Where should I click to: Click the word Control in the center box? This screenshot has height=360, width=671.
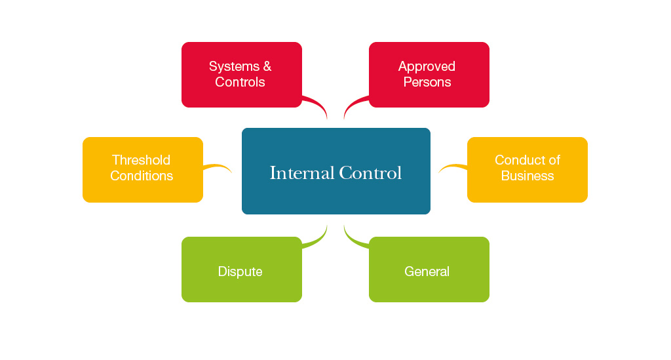point(370,173)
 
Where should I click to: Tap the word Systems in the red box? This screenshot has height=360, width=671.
point(232,66)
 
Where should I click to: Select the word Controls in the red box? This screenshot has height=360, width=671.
point(240,82)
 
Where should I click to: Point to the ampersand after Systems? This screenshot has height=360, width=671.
point(267,66)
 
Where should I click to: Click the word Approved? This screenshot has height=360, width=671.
point(427,66)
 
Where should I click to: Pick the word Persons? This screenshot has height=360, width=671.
point(427,82)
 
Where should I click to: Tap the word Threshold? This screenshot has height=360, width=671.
point(141,160)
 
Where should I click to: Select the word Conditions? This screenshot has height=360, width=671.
point(142,176)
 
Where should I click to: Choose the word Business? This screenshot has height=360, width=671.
point(527,176)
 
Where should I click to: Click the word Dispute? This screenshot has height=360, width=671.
point(240,271)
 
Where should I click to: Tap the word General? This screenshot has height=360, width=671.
point(427,271)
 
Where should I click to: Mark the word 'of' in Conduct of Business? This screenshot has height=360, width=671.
point(554,160)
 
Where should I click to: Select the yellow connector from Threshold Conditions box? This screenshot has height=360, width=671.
point(218,166)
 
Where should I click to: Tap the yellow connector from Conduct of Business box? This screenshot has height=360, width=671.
point(452,167)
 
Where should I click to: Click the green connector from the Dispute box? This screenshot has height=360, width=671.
point(317,240)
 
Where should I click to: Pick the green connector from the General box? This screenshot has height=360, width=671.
point(354,240)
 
